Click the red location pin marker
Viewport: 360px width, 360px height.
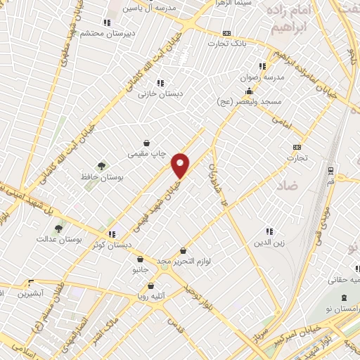click(181, 165)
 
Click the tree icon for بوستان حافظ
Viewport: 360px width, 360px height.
click(101, 166)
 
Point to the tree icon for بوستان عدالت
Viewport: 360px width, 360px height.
click(58, 228)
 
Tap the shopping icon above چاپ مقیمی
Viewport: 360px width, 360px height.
click(146, 143)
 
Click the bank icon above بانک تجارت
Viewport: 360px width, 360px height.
click(226, 33)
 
